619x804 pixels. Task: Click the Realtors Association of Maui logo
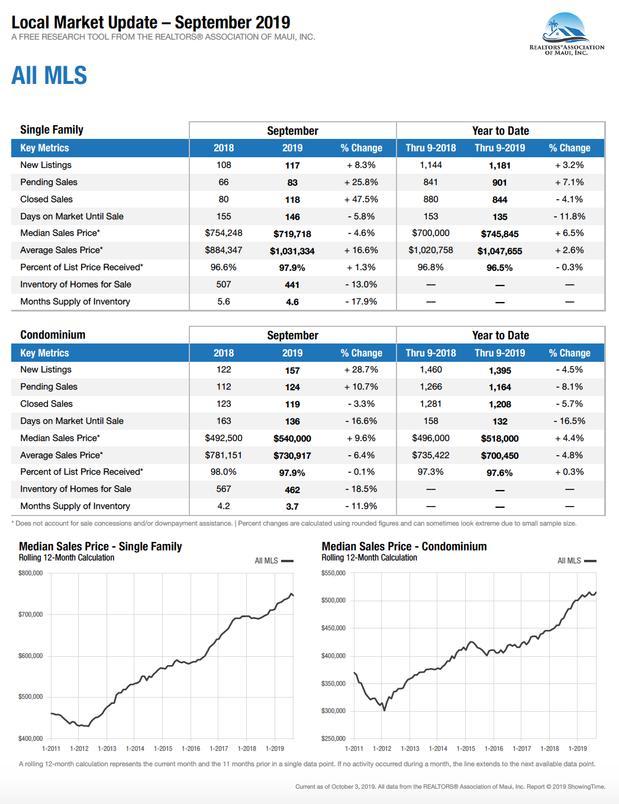click(566, 34)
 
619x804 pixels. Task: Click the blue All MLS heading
click(49, 76)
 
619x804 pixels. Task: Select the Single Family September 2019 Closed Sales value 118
click(292, 200)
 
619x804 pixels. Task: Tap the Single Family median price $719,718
click(292, 234)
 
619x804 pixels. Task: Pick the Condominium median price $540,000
click(292, 439)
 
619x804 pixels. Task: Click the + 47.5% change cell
click(361, 199)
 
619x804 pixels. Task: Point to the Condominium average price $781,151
click(224, 455)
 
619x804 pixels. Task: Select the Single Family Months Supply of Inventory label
click(75, 301)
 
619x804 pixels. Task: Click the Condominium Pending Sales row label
click(49, 387)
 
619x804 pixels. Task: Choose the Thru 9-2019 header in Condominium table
click(499, 353)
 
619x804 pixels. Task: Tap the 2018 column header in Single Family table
click(224, 148)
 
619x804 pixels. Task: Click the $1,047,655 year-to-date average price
click(499, 251)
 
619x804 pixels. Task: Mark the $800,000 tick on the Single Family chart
click(31, 573)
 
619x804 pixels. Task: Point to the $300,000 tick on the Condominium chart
click(333, 711)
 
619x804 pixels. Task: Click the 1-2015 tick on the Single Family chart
click(163, 748)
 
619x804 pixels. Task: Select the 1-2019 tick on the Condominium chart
click(578, 748)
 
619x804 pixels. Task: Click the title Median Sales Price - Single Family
click(100, 546)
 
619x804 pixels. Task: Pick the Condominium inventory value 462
click(292, 490)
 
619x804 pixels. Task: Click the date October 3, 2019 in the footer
click(352, 786)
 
